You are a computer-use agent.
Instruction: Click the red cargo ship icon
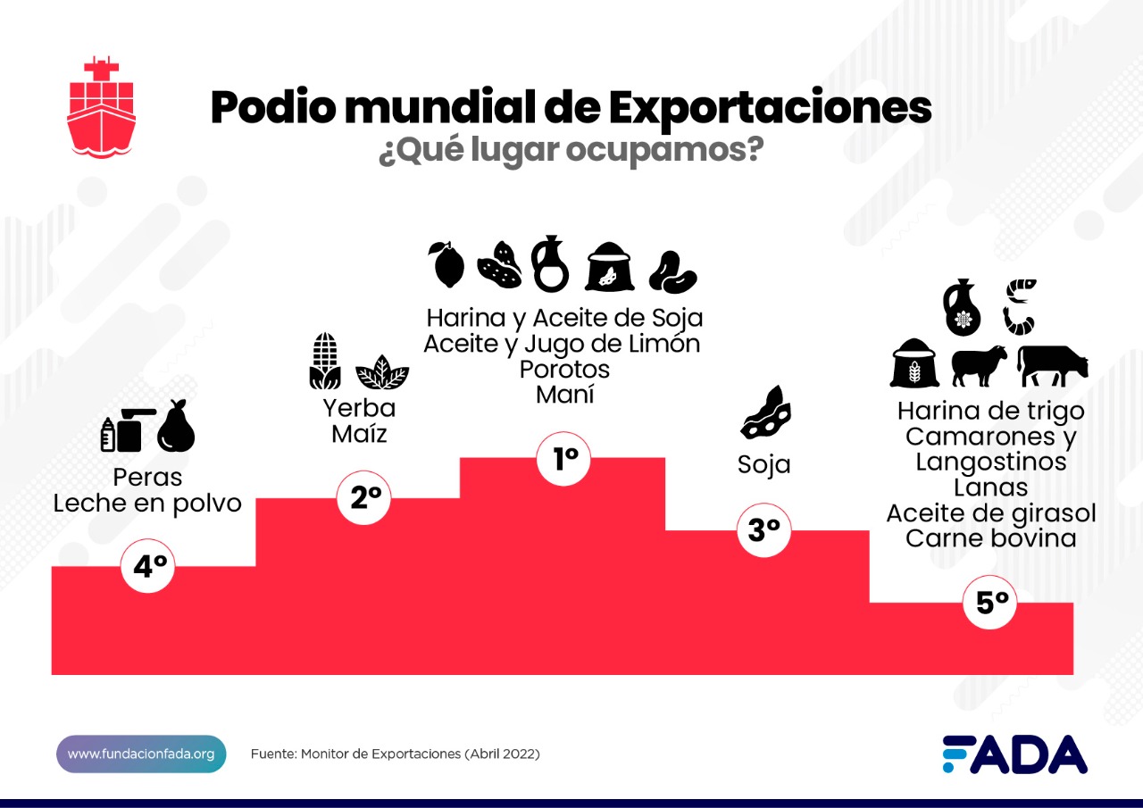pos(101,107)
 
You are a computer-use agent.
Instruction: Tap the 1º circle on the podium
pos(565,459)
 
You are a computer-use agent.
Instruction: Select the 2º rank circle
pos(364,498)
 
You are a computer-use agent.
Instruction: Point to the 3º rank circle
pos(763,530)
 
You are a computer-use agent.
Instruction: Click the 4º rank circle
pos(149,566)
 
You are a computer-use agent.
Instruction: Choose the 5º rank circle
pos(991,603)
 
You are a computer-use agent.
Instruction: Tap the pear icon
pos(176,426)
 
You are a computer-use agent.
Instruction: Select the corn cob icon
pos(325,362)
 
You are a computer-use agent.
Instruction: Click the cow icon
pos(1054,365)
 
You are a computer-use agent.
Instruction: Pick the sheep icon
pos(979,365)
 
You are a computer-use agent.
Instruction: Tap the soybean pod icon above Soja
pos(765,412)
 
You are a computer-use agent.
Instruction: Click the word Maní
pos(565,394)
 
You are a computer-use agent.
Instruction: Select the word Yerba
pos(359,409)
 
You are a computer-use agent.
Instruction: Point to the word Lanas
pos(990,487)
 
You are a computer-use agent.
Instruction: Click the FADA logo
pos(1015,754)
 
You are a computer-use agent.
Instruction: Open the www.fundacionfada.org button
pos(141,754)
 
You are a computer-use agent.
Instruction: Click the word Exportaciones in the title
pos(770,107)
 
